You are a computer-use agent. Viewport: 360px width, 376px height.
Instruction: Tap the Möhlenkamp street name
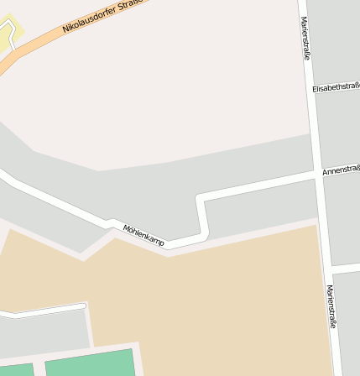tap(143, 235)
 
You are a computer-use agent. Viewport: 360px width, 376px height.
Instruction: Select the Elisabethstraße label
tap(335, 86)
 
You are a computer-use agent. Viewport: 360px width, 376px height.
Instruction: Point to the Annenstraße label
tap(340, 170)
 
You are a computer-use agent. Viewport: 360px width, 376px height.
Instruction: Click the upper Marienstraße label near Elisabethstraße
tap(305, 38)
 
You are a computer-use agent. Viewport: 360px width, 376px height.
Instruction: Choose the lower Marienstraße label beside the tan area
tap(331, 305)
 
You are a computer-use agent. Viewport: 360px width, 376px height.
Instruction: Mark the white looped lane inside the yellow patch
tap(8, 37)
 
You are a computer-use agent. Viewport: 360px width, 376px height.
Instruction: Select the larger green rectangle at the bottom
tap(91, 364)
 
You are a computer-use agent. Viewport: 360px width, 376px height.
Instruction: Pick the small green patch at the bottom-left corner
tap(16, 370)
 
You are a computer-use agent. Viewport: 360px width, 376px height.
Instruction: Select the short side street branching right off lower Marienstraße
tap(346, 267)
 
